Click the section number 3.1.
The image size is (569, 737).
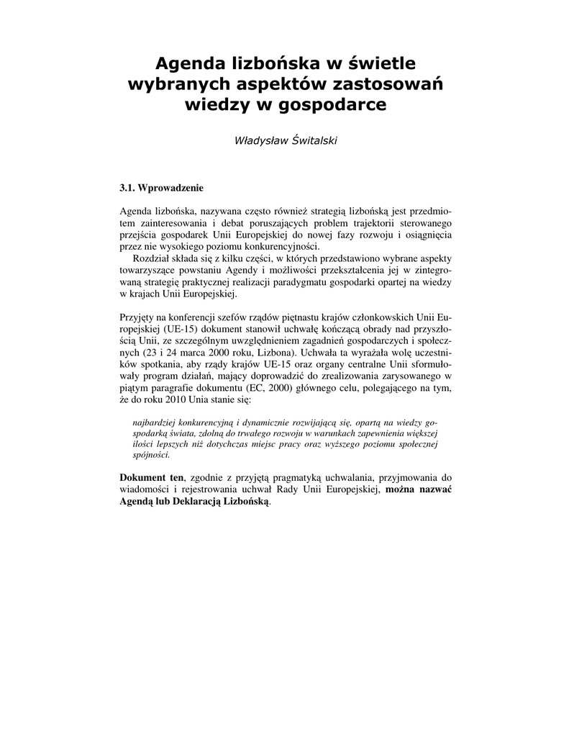tap(127, 189)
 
